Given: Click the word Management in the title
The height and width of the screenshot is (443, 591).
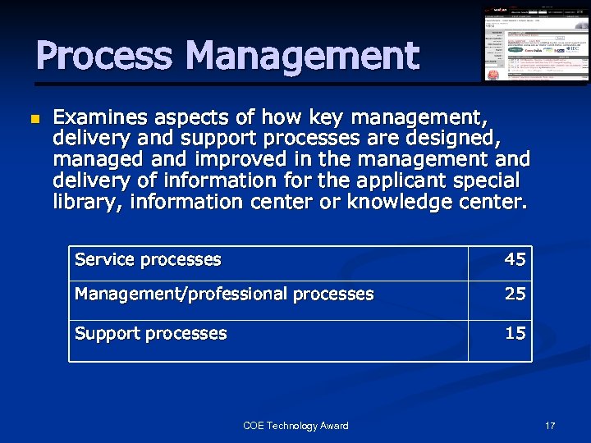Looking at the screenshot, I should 302,56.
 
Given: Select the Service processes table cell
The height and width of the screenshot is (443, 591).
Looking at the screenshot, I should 149,260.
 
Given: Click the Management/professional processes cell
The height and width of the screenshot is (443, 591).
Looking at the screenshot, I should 224,294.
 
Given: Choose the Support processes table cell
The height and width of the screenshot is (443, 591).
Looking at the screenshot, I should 151,333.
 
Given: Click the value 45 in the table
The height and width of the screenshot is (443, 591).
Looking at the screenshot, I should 515,260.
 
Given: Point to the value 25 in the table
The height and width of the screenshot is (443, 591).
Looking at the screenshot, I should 515,294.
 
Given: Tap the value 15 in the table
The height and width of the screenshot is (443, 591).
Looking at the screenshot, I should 515,333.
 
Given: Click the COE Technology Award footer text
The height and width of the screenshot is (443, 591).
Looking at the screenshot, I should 295,425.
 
